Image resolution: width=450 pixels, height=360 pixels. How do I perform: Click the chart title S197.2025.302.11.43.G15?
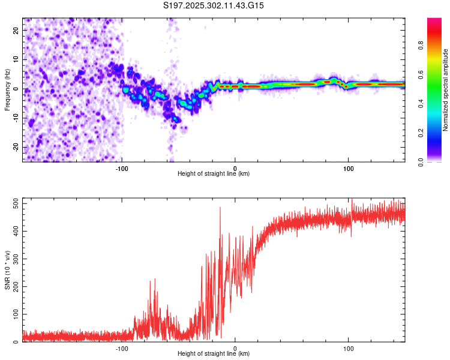214,5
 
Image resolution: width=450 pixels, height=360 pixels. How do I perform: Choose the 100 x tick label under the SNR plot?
348,347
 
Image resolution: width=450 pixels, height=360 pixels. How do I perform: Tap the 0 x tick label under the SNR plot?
235,347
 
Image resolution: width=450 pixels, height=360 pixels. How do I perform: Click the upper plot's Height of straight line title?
214,174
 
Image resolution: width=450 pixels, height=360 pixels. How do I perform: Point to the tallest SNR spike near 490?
220,208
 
